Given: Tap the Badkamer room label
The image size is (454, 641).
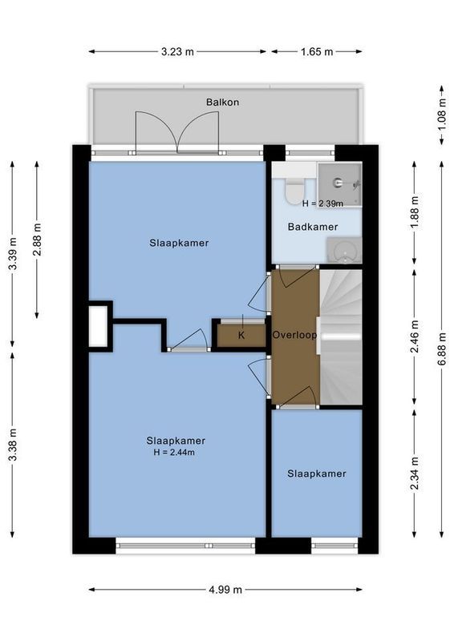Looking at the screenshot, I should click(x=313, y=227).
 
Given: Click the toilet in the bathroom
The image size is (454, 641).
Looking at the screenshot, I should click(x=294, y=187).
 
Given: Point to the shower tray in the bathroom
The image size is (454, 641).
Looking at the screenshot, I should click(x=339, y=183).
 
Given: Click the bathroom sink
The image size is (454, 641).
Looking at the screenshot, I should click(x=345, y=251).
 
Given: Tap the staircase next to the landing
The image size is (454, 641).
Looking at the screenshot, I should click(x=341, y=337).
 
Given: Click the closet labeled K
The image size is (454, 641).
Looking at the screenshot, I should click(x=241, y=335).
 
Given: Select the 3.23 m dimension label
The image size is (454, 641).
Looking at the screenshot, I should click(x=177, y=52).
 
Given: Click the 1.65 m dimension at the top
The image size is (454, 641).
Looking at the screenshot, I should click(x=317, y=52).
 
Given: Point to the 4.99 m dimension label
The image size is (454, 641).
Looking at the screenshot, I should click(x=225, y=590).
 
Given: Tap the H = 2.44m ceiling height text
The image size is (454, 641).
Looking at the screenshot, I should click(x=176, y=453).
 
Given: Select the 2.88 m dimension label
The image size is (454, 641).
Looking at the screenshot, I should click(x=37, y=238).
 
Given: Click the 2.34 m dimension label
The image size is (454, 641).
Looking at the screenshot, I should click(x=414, y=473).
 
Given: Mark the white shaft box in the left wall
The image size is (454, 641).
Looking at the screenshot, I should click(x=98, y=325).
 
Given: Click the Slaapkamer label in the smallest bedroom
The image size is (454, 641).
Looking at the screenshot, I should click(x=317, y=474).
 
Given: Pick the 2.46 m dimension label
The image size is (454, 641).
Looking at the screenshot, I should click(x=414, y=337).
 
